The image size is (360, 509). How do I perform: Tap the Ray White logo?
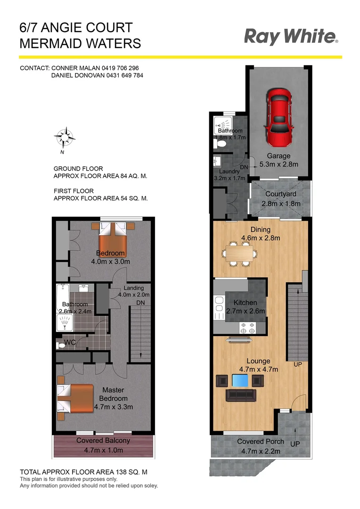click(291, 37)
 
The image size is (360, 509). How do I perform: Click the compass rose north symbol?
click(65, 138)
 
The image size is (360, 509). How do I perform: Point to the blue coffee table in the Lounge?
click(240, 380)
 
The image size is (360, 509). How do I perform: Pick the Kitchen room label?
click(245, 303)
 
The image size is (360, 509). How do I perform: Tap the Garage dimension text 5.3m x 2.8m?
click(279, 165)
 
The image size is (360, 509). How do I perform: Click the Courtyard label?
click(280, 194)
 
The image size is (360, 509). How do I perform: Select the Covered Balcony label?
click(103, 441)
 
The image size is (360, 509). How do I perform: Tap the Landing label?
click(133, 288)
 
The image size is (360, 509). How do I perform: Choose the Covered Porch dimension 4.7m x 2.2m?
click(261, 451)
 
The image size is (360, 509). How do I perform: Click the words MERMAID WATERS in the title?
click(80, 43)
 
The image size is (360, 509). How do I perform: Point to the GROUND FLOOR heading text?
click(78, 169)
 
